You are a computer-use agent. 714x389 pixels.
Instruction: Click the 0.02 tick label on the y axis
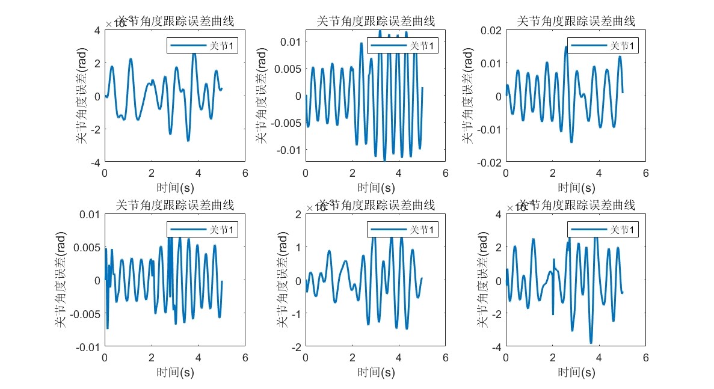(x=491, y=31)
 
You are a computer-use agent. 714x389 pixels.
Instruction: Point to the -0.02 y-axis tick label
(x=488, y=163)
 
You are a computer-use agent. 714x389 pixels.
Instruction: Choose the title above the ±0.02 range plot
(x=576, y=22)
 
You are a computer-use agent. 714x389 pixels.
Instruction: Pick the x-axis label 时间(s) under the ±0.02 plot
(x=576, y=188)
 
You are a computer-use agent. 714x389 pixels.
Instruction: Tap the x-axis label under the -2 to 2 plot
(x=375, y=372)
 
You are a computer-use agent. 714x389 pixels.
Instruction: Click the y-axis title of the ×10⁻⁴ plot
(x=481, y=280)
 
